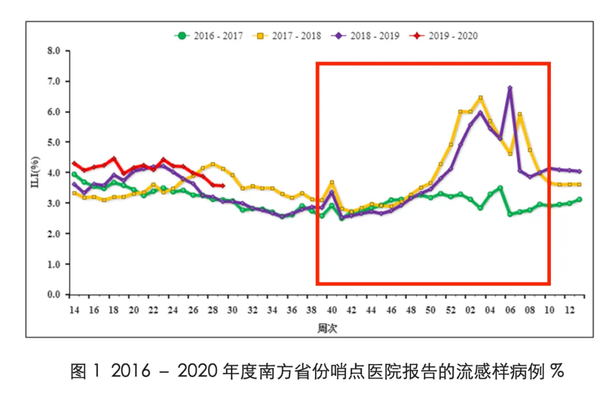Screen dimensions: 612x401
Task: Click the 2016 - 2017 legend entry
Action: pos(209,36)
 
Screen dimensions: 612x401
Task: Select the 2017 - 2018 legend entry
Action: pos(287,36)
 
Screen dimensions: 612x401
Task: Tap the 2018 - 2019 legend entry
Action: pos(365,36)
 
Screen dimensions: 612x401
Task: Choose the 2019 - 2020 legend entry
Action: pos(444,36)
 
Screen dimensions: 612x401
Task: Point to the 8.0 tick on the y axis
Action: pos(54,51)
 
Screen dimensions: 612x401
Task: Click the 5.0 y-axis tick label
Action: pos(54,142)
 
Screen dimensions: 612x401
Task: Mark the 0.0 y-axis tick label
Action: pos(54,294)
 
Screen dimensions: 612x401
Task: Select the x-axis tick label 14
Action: pos(74,310)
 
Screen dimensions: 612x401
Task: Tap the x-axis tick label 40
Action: pos(331,310)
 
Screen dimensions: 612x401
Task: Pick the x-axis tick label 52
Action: pos(450,310)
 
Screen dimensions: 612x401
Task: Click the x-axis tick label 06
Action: pos(510,310)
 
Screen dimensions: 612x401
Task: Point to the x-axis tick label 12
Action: pos(569,310)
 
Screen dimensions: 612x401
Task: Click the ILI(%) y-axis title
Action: pos(35,172)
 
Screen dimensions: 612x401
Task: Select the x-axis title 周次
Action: pos(327,328)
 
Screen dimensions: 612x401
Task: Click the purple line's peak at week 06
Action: pos(510,88)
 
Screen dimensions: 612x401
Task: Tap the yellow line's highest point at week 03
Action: pos(481,98)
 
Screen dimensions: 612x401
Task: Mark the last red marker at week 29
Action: pos(223,185)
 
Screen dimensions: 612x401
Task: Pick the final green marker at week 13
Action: pos(579,199)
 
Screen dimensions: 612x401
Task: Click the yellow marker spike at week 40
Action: pos(331,183)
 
